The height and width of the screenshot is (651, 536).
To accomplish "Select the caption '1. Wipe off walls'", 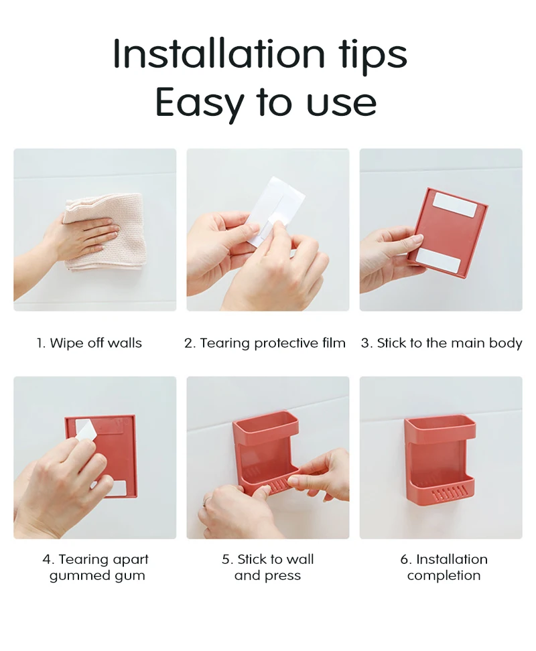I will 89,343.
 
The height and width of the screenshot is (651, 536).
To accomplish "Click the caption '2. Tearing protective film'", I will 265,343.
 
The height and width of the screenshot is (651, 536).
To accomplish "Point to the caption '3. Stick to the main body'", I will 441,343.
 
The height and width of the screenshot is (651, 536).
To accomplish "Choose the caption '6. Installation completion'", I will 444,567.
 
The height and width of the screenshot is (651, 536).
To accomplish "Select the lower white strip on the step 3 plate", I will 438,261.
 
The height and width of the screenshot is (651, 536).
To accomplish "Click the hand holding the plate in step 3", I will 389,258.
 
